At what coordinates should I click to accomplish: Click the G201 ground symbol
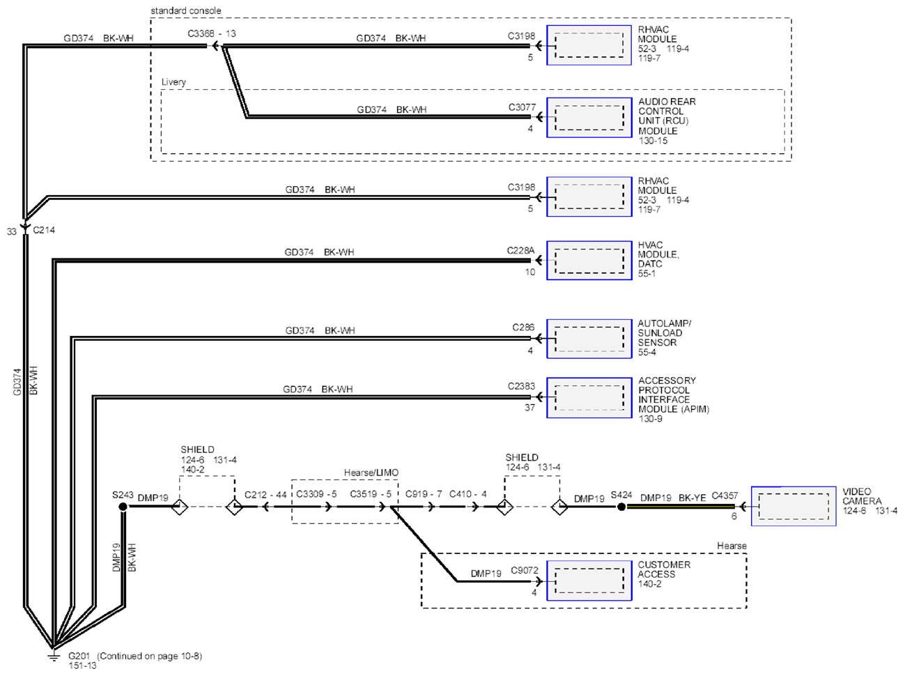(53, 656)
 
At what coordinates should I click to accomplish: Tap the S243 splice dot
(123, 507)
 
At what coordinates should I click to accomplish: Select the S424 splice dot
(621, 507)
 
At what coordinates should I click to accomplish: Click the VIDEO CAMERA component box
(794, 506)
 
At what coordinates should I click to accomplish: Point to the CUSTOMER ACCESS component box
(589, 581)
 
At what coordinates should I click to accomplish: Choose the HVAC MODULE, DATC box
(589, 260)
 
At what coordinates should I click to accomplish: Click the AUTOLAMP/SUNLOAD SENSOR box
(589, 339)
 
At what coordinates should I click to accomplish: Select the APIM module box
(589, 398)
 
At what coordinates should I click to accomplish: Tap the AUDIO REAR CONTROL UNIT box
(589, 118)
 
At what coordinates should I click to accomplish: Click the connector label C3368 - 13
(212, 33)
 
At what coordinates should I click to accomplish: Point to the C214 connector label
(44, 230)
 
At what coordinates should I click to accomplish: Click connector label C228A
(520, 250)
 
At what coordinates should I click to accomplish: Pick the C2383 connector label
(521, 386)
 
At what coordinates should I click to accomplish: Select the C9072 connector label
(525, 570)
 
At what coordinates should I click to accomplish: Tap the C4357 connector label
(725, 496)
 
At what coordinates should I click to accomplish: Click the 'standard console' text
(185, 10)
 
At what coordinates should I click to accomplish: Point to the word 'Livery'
(173, 82)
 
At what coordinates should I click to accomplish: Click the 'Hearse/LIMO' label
(371, 473)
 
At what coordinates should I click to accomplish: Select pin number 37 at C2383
(529, 408)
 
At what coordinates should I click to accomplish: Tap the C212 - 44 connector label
(265, 495)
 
